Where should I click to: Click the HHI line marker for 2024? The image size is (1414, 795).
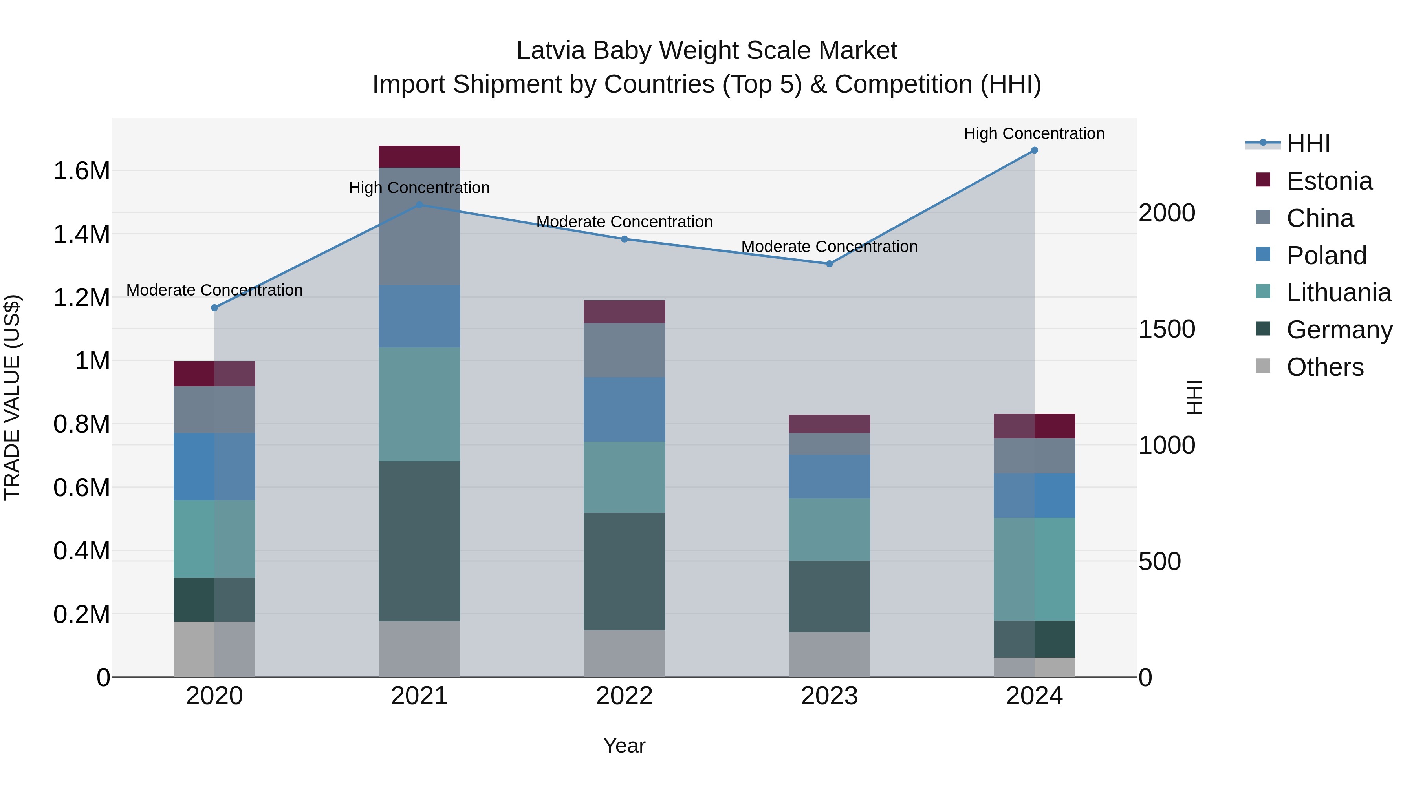[x=1034, y=150]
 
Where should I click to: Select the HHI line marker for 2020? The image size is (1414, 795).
[x=214, y=308]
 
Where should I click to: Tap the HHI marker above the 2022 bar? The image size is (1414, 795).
[x=624, y=239]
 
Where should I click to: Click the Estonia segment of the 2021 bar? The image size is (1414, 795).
[x=419, y=157]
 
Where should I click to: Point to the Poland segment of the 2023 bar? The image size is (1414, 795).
[x=830, y=476]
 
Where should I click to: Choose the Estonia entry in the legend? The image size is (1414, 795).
[x=1329, y=181]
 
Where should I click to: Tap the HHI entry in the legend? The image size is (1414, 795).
[x=1308, y=144]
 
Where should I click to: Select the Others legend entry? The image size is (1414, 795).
[x=1324, y=367]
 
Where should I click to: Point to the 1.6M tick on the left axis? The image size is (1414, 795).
[x=81, y=171]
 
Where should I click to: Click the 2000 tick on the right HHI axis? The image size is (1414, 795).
[x=1167, y=213]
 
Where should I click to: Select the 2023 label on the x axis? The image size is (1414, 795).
[x=830, y=696]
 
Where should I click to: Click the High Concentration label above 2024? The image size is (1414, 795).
[x=1034, y=133]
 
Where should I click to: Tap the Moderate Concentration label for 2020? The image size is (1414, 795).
[x=214, y=290]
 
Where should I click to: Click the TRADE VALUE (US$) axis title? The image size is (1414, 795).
[x=12, y=397]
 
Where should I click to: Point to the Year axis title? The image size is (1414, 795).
[x=624, y=746]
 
